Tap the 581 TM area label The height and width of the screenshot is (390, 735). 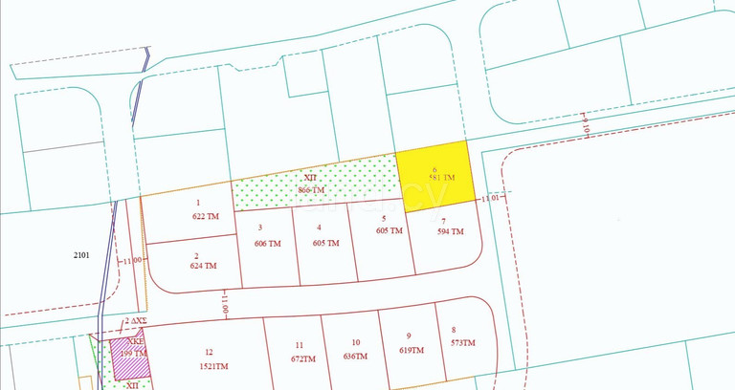click(441, 179)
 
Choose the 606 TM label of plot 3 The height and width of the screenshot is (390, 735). click(268, 243)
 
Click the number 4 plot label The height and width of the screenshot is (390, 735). click(320, 227)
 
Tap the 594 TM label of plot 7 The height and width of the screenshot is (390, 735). click(450, 231)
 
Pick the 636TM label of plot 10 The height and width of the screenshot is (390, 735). click(355, 356)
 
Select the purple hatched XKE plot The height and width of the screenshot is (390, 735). click(126, 348)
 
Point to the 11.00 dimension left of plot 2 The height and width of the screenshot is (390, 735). click(131, 260)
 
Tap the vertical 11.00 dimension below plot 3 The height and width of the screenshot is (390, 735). click(226, 304)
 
